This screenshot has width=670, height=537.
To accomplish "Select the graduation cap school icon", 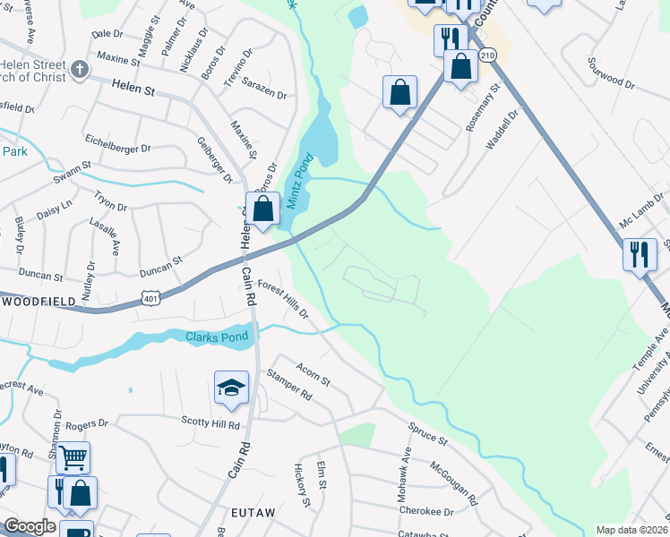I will [x=231, y=388].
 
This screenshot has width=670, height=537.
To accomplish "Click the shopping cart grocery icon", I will [x=73, y=457].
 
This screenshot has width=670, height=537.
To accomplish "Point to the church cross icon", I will [x=80, y=70].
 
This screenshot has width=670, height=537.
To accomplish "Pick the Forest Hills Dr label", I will [x=283, y=300].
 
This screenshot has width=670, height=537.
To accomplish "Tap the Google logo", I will [x=30, y=526].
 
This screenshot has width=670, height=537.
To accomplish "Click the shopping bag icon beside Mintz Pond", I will [x=262, y=211].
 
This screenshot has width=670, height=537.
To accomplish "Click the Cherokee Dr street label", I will [x=430, y=511].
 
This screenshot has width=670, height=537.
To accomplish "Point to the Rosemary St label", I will [x=480, y=106].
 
